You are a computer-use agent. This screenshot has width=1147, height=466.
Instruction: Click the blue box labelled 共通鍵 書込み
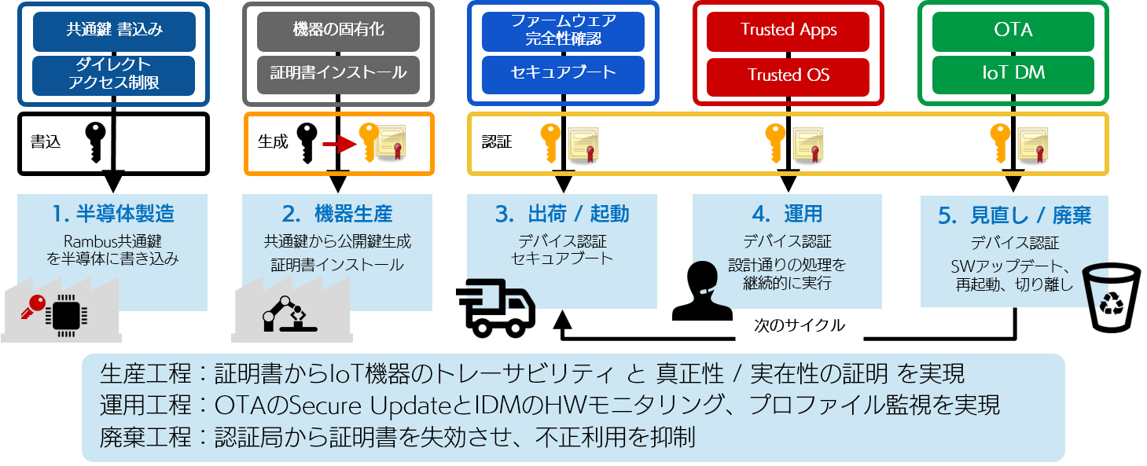click(x=114, y=31)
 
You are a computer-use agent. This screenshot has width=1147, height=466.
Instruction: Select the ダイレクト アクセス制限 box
click(x=114, y=75)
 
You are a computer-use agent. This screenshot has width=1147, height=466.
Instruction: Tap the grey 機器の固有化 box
click(x=338, y=31)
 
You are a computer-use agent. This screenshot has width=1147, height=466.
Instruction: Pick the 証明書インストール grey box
click(x=338, y=74)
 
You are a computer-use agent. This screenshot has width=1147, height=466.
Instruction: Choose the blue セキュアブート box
click(x=563, y=74)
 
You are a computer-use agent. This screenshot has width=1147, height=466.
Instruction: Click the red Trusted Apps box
click(x=789, y=31)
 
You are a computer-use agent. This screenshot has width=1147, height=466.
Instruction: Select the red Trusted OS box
click(x=789, y=75)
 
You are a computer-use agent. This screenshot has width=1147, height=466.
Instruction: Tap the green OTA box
click(x=1013, y=31)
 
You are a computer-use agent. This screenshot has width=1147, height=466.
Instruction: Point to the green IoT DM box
click(x=1013, y=74)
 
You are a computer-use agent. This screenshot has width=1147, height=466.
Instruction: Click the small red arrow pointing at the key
click(x=340, y=144)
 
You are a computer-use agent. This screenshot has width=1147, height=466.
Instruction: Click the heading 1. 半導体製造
click(x=113, y=214)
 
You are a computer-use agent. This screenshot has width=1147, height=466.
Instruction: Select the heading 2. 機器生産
click(x=337, y=214)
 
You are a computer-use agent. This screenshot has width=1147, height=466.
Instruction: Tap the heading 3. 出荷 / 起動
click(x=563, y=214)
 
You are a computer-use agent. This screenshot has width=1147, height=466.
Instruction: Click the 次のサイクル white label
click(x=799, y=325)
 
